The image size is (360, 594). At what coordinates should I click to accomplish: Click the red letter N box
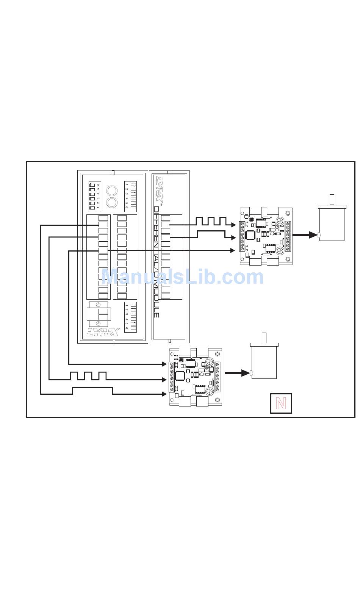[281, 403]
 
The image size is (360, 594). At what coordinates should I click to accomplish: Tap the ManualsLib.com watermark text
[182, 277]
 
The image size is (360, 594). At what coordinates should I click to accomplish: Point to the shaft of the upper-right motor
[332, 199]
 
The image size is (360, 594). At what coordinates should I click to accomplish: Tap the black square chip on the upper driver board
[250, 235]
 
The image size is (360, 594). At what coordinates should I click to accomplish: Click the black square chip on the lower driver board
[180, 375]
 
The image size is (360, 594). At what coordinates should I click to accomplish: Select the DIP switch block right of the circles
[131, 196]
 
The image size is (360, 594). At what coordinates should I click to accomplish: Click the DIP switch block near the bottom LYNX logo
[131, 317]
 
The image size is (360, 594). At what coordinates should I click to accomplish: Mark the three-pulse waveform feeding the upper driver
[211, 221]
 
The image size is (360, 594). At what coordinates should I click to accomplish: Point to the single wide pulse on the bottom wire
[92, 390]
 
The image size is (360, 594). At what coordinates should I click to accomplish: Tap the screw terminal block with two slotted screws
[98, 314]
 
